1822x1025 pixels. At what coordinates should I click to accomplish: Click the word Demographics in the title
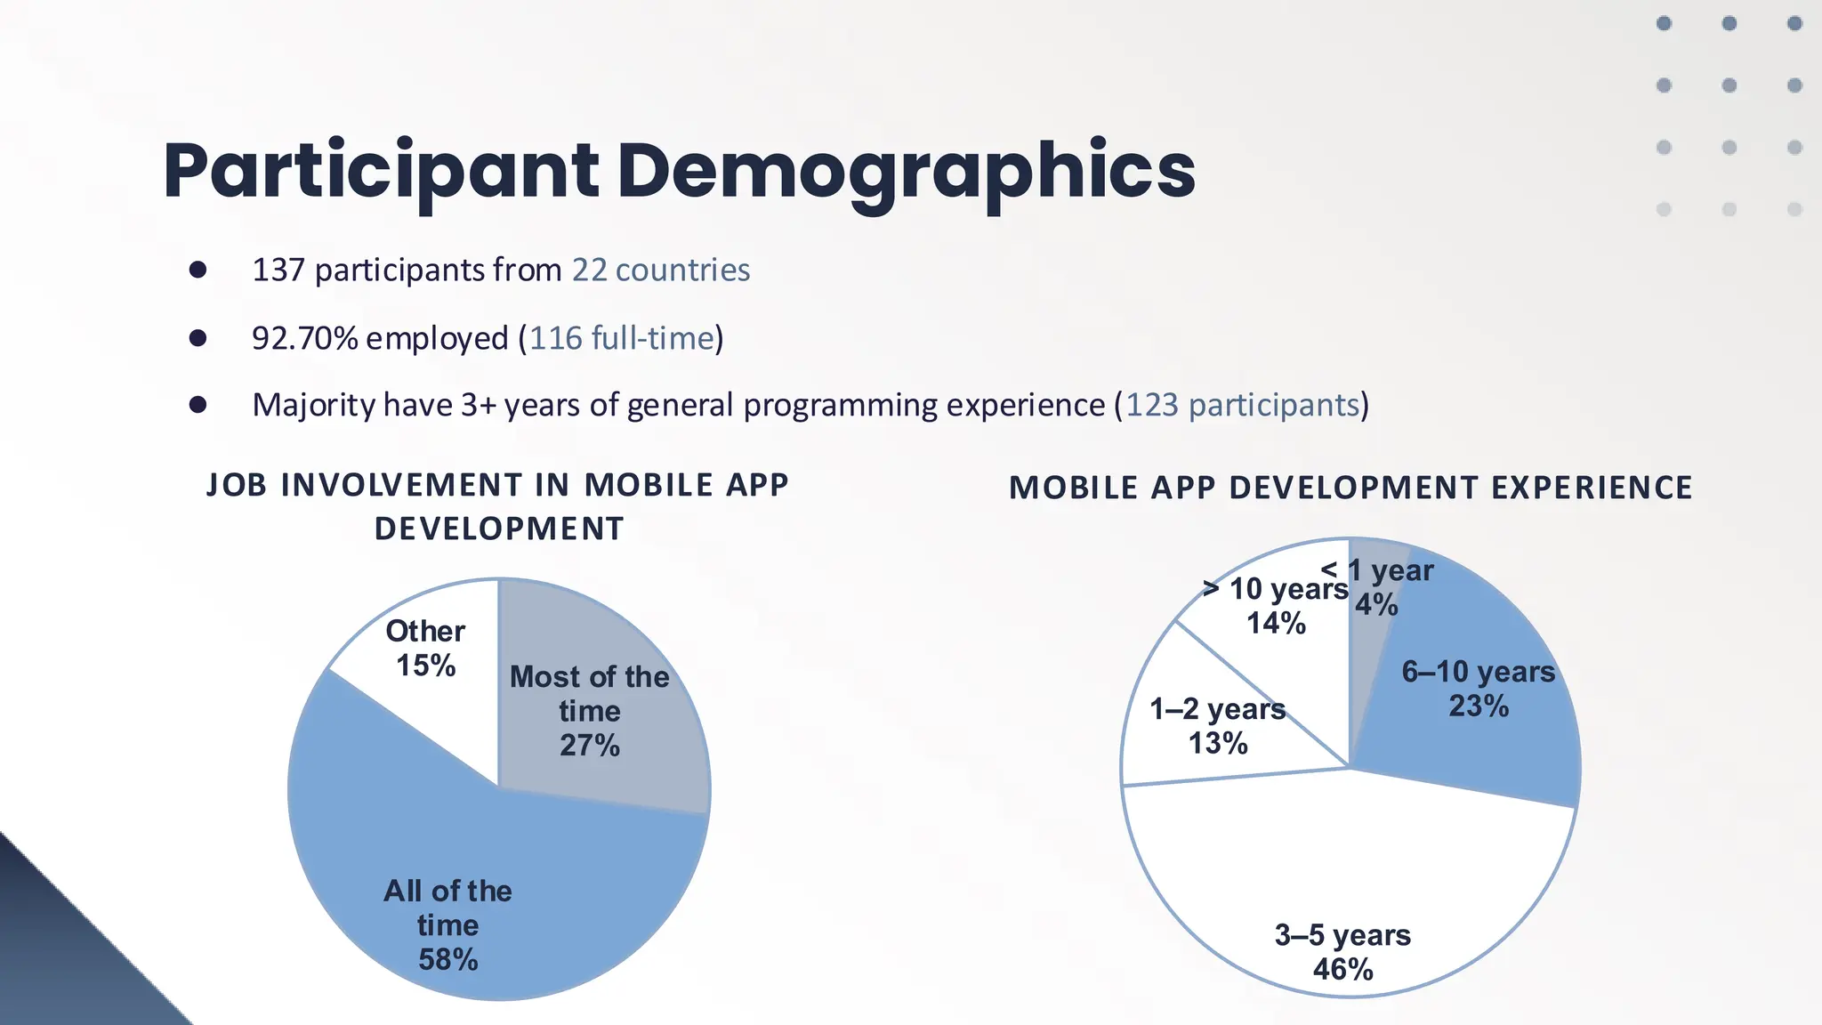(905, 171)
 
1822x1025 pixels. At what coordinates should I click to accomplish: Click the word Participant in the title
(381, 171)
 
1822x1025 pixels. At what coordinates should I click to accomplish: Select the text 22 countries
(660, 270)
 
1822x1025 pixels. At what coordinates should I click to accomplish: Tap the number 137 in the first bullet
(278, 270)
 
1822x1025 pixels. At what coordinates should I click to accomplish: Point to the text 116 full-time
(622, 338)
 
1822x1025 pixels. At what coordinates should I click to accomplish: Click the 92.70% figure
(304, 338)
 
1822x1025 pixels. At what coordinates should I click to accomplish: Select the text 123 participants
(1243, 405)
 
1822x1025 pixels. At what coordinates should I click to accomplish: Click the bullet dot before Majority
(198, 405)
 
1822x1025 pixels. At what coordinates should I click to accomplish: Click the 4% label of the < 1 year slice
(1375, 605)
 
